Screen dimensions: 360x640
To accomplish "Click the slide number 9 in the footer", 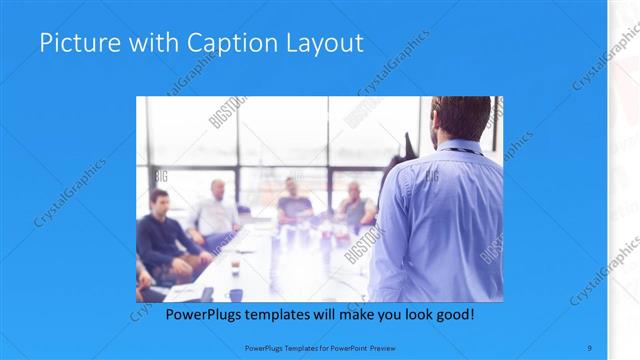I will pos(589,346).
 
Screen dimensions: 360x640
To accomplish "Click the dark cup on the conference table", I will pos(236,293).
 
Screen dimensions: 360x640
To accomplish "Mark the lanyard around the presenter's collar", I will pos(463,151).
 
